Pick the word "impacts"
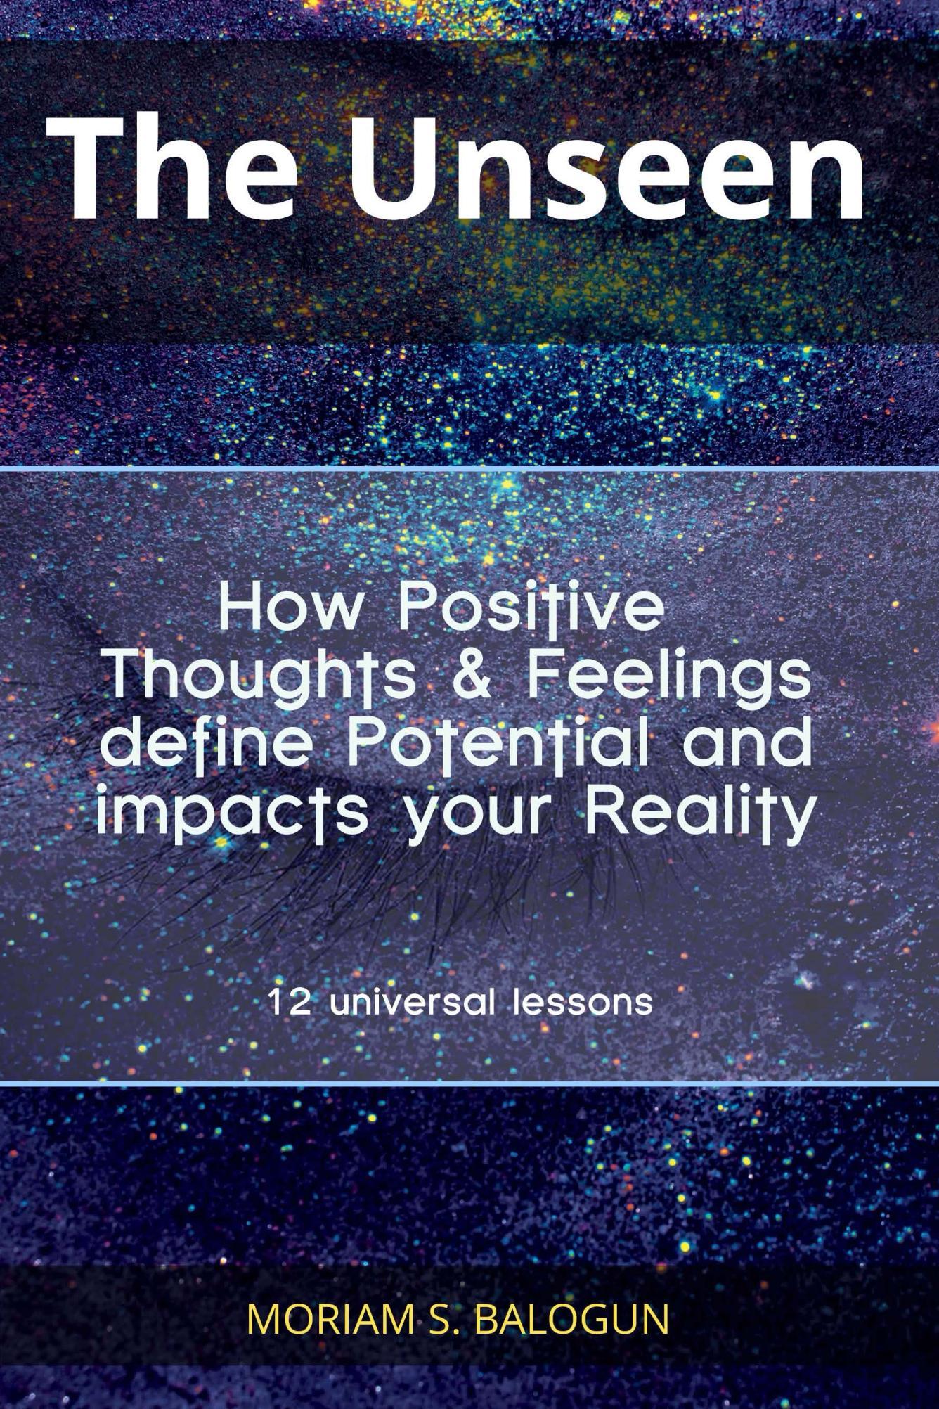[x=232, y=812]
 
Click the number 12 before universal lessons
[x=289, y=1001]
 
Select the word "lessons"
[x=583, y=1001]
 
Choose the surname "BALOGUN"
[x=572, y=1320]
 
